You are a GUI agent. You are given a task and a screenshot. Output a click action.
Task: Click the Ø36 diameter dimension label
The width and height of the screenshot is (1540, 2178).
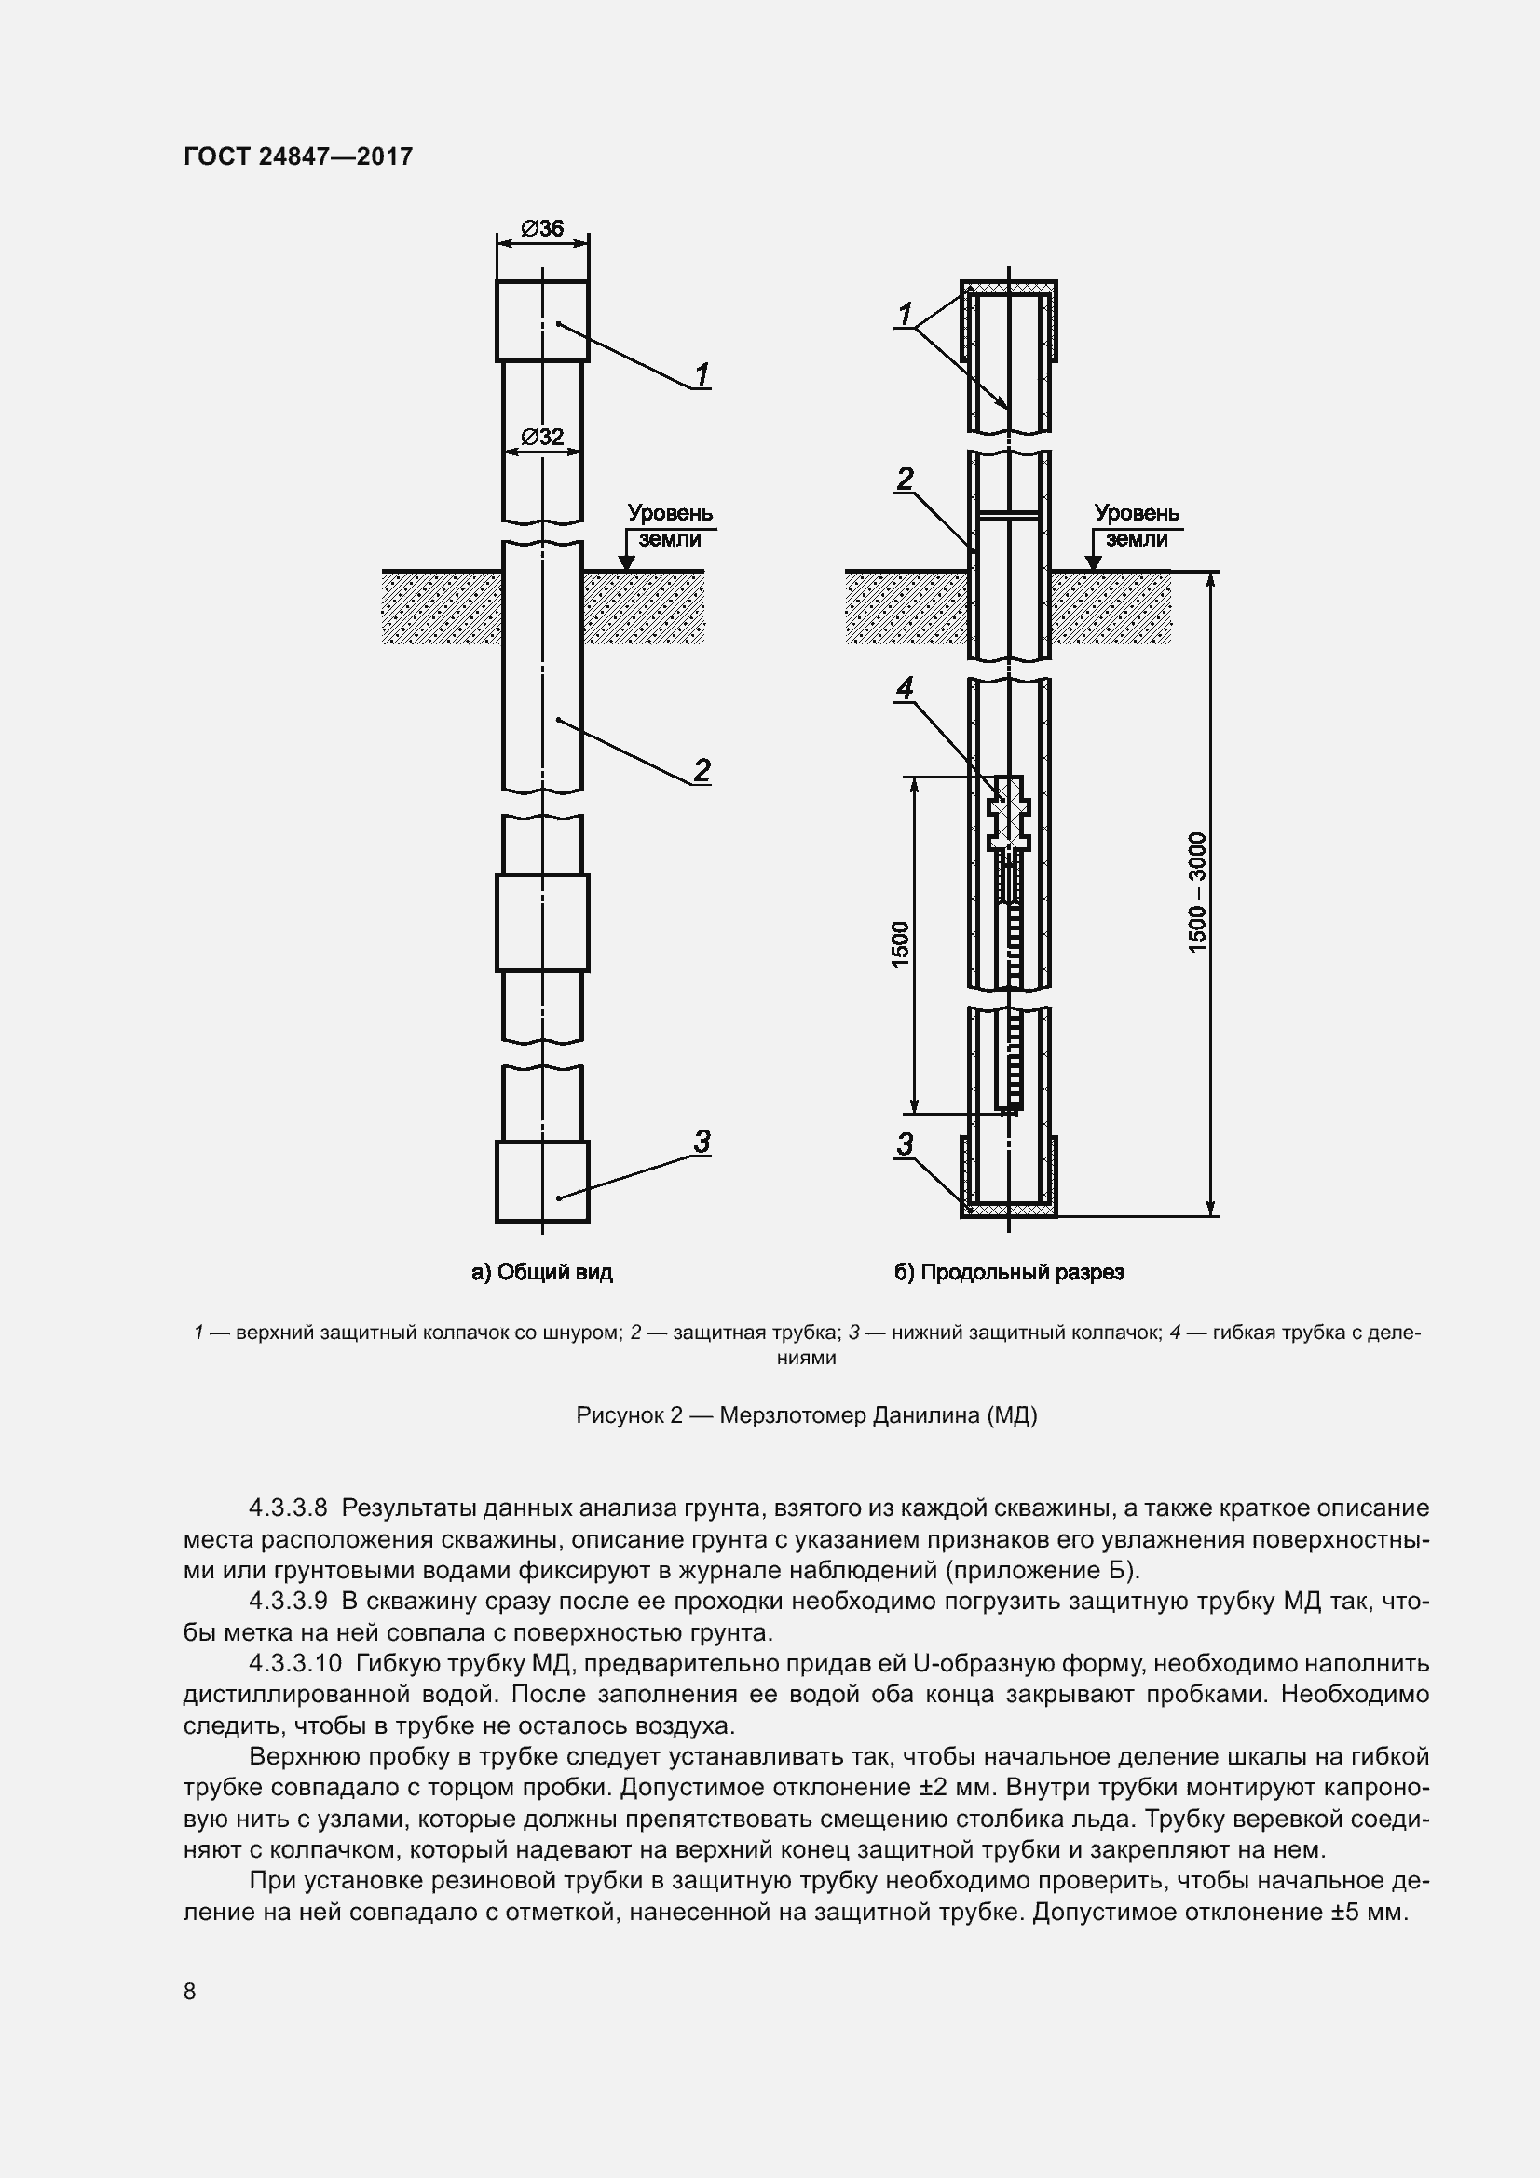[542, 229]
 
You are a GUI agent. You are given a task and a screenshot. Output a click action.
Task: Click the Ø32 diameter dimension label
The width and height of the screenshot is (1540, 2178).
[542, 438]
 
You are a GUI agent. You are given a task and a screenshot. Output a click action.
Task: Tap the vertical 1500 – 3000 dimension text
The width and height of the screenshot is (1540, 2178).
[1197, 893]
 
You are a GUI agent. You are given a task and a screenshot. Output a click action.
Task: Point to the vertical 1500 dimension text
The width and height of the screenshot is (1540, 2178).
[901, 945]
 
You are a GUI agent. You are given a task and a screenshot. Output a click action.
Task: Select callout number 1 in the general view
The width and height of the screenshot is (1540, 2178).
[702, 375]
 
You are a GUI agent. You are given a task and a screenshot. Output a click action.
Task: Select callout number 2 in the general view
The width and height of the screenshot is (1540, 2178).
[702, 770]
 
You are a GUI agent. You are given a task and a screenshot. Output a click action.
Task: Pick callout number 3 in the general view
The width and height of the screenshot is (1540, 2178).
[702, 1142]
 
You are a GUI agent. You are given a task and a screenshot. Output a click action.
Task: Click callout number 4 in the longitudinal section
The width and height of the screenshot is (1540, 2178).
[905, 688]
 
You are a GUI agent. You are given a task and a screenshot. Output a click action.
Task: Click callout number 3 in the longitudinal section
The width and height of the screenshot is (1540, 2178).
[905, 1145]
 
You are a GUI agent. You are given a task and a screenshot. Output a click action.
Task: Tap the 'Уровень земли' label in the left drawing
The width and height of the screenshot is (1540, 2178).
[669, 525]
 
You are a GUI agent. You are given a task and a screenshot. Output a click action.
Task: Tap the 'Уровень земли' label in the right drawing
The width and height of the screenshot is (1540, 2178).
[1136, 525]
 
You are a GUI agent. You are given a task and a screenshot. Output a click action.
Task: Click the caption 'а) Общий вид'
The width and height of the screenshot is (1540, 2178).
[542, 1273]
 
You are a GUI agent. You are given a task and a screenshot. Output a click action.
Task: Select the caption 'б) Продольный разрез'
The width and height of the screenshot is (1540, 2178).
[1009, 1273]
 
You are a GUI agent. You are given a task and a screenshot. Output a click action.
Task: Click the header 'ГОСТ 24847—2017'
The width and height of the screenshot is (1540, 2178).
[298, 156]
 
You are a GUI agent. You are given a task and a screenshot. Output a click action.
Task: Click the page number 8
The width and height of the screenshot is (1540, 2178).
[190, 1991]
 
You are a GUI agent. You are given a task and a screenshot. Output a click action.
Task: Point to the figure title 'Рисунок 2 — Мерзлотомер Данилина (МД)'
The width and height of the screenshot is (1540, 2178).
[807, 1415]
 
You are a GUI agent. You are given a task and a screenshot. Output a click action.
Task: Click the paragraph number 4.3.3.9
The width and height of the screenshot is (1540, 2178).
[288, 1602]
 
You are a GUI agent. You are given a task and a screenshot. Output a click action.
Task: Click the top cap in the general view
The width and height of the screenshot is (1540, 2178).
[542, 320]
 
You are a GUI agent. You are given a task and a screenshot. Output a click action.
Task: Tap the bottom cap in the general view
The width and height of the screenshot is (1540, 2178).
[542, 1181]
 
